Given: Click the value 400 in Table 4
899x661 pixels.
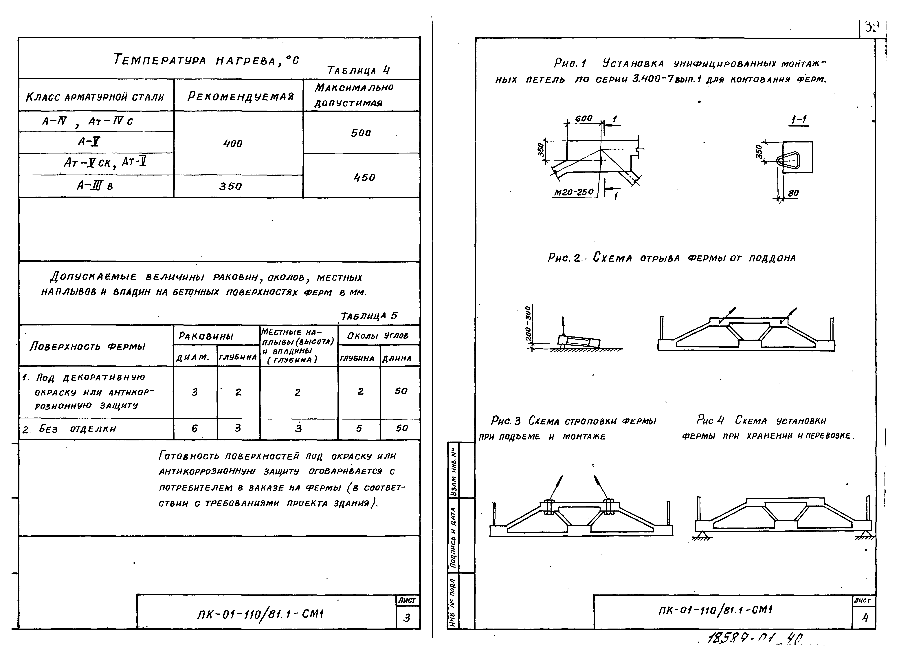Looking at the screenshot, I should pos(233,143).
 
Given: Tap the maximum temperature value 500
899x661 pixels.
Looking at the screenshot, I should pos(361,133).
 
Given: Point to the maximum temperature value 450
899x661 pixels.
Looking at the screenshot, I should pos(364,177).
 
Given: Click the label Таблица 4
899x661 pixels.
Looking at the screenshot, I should pos(358,71).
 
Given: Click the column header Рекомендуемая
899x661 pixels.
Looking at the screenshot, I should pos(241,96).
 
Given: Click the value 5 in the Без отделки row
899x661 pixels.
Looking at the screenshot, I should pos(359,429).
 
